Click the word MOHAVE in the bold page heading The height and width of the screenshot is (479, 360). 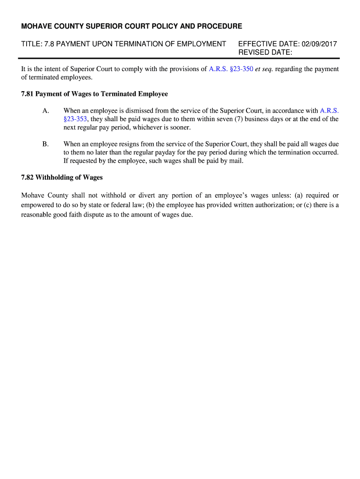(36, 26)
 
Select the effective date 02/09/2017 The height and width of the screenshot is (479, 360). (319, 44)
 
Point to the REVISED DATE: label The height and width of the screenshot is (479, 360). (265, 52)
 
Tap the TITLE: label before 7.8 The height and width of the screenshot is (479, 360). (31, 44)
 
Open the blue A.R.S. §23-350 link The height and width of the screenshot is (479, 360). (231, 69)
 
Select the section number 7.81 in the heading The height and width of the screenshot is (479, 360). (28, 94)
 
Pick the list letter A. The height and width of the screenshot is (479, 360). (45, 111)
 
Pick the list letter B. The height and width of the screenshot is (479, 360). (45, 144)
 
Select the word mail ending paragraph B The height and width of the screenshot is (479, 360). (236, 161)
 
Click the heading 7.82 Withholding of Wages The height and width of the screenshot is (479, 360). (62, 178)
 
